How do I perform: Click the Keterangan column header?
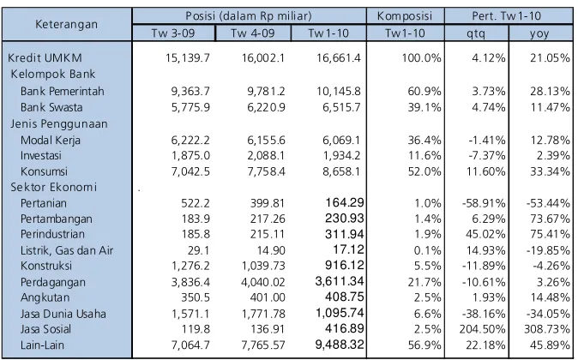point(66,24)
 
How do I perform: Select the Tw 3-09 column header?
point(173,33)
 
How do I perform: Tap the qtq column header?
point(476,33)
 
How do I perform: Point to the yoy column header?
point(539,34)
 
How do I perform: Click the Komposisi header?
point(405,15)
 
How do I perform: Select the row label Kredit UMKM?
point(45,57)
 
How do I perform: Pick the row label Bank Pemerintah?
point(63,91)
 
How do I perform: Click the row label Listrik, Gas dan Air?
point(67,250)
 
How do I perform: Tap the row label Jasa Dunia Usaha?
point(63,314)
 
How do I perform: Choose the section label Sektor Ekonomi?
point(53,187)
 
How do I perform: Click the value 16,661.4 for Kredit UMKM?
point(339,57)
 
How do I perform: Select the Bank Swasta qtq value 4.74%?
point(489,107)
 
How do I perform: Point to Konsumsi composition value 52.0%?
point(424,171)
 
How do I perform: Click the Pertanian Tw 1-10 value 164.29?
point(344,202)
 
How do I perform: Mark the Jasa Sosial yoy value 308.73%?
point(546,328)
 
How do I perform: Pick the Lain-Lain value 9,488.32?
point(340,345)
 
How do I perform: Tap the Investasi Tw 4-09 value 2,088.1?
point(266,155)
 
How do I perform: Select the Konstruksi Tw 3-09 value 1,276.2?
point(190,266)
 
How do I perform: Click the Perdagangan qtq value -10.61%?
point(484,282)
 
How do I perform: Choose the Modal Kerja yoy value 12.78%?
point(550,140)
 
